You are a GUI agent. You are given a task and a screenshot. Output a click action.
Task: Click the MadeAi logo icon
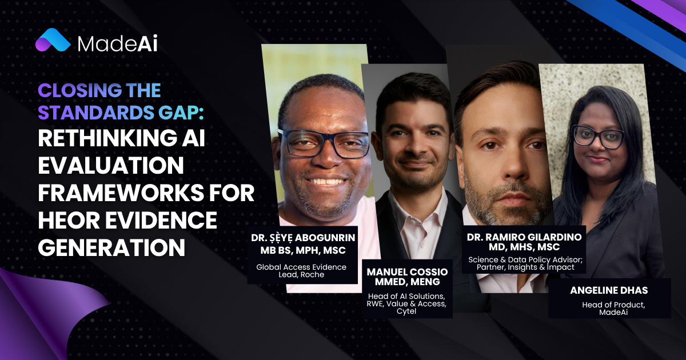point(53,40)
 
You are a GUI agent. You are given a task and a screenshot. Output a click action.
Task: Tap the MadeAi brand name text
point(117,45)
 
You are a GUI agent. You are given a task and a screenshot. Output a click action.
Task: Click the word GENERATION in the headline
point(111,247)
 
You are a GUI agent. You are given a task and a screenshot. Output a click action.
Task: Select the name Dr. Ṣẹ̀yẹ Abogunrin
point(303,238)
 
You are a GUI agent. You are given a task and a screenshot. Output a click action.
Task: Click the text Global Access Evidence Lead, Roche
point(301,271)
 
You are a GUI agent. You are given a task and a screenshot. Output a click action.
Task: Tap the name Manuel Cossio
point(407,272)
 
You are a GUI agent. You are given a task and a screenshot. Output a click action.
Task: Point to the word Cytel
point(406,311)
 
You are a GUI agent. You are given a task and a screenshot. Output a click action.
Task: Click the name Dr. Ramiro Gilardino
point(524,237)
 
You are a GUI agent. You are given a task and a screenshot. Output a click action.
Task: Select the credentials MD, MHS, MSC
point(524,247)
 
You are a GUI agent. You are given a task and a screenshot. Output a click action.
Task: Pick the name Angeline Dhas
point(609,290)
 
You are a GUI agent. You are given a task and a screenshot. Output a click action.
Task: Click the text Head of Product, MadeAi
point(613,309)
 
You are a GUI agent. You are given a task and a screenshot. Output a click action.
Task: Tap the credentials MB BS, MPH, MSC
point(303,250)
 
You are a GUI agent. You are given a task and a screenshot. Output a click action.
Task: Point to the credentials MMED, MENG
point(407,282)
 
